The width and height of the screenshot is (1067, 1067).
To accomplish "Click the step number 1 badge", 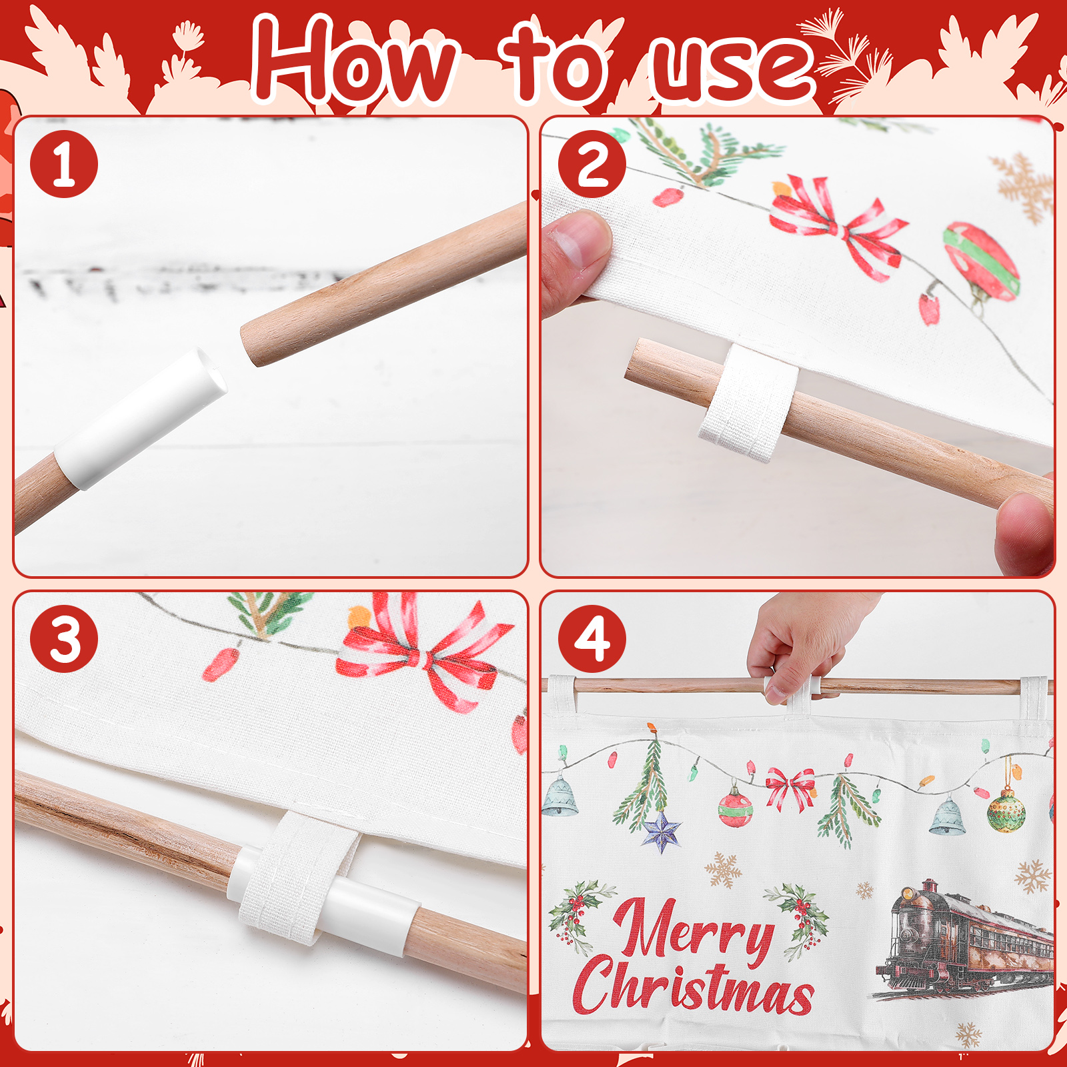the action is click(x=64, y=164).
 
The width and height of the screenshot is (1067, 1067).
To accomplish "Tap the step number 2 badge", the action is click(x=592, y=164).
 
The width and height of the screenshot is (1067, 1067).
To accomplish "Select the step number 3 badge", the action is click(x=64, y=639).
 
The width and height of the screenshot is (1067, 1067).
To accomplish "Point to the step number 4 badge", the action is click(x=592, y=639).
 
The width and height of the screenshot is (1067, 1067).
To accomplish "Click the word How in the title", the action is click(x=356, y=61).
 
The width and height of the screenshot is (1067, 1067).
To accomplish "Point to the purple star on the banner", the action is click(x=662, y=831).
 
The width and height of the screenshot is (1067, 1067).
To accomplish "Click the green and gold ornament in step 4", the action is click(x=1006, y=810).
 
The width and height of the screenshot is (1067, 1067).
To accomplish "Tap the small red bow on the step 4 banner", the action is click(x=791, y=788).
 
